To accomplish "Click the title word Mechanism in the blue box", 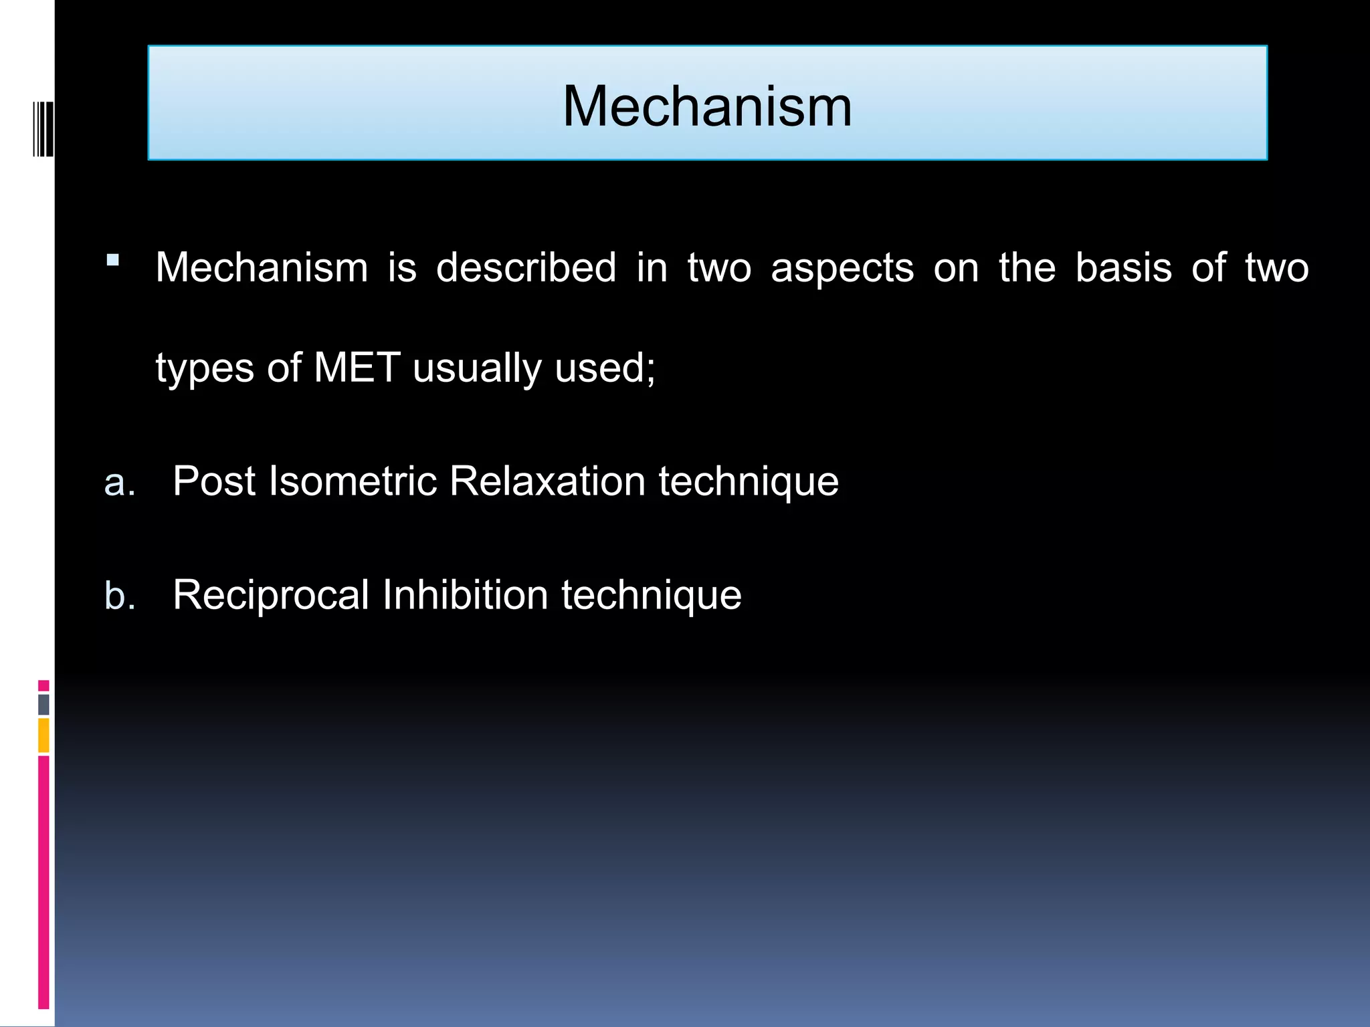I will click(707, 106).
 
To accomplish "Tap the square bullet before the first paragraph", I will click(112, 260).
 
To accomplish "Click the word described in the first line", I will click(526, 268).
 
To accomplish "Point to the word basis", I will click(1123, 268).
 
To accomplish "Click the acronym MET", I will click(357, 368).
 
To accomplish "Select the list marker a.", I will click(120, 482).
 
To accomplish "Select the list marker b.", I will click(120, 595).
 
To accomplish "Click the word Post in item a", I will click(213, 481).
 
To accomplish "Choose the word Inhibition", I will click(466, 595).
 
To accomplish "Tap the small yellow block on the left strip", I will click(43, 735).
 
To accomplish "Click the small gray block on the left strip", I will click(43, 704).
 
